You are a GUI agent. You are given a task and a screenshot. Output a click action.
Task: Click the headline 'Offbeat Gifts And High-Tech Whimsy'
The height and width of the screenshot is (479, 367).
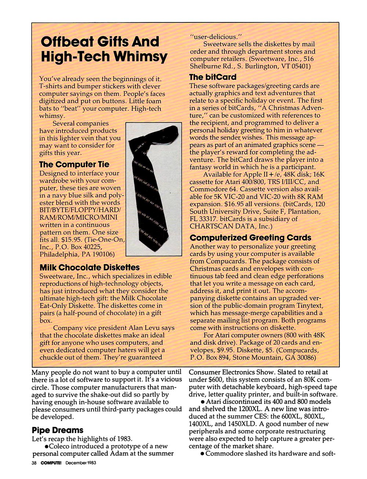(104, 49)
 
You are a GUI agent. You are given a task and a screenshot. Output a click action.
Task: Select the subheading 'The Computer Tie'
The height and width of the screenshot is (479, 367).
(74, 164)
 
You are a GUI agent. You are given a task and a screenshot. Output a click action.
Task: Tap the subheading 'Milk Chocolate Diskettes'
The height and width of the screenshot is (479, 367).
(90, 267)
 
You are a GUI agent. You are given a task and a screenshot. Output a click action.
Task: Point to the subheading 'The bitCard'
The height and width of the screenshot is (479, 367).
(212, 77)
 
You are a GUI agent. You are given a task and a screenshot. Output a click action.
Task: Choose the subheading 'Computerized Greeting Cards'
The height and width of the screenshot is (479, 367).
(250, 237)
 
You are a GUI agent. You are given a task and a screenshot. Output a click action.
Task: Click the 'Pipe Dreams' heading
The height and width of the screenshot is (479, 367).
(58, 430)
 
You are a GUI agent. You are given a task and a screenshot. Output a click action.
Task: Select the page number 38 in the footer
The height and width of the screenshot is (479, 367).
(34, 463)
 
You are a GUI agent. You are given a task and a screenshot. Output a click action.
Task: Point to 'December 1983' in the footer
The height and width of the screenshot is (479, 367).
(81, 463)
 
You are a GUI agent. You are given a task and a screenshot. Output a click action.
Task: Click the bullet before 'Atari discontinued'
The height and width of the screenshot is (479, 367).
(203, 402)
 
